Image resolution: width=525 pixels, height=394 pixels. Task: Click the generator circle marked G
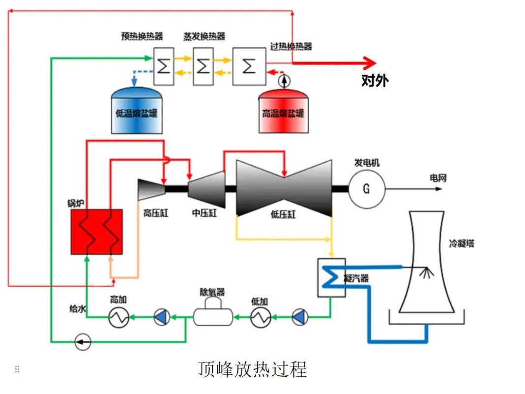[367, 189]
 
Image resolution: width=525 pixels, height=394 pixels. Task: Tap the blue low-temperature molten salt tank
[137, 111]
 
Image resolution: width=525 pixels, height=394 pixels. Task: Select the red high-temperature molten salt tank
[284, 111]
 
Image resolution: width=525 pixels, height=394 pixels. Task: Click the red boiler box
[97, 232]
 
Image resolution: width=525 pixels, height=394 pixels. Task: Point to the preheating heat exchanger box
[164, 66]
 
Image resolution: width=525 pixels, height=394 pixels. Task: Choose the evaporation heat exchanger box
[203, 66]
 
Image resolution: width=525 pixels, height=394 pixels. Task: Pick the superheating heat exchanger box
[249, 66]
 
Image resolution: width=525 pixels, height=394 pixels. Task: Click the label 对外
[375, 80]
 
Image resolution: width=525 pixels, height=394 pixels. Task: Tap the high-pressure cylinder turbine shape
[152, 190]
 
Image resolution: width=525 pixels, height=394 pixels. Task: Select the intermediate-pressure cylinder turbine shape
[206, 189]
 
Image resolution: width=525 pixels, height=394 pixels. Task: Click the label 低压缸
[283, 214]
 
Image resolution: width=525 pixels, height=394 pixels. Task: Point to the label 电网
[438, 178]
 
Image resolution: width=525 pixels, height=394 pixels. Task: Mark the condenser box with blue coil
[331, 277]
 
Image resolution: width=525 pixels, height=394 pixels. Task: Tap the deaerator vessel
[213, 312]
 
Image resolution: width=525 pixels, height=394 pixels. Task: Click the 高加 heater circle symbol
[119, 317]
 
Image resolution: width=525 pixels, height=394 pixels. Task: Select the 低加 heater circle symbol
[261, 317]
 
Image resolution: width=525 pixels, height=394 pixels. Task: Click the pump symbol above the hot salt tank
[284, 81]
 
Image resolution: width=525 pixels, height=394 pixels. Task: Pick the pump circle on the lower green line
[83, 342]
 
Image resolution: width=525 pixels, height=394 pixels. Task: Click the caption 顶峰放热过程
[253, 369]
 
